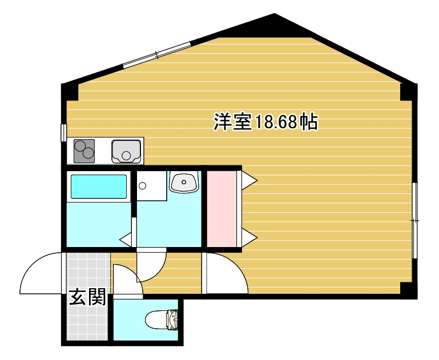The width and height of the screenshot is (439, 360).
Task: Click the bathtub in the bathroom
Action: tap(98, 187)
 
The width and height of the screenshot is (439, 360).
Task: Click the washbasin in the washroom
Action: tap(184, 182)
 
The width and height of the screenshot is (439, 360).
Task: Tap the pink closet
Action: tap(221, 208)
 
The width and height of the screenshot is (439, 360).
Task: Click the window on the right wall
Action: tap(415, 220)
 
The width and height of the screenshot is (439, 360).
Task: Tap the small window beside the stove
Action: tap(63, 132)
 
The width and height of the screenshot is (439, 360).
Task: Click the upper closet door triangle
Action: tap(249, 180)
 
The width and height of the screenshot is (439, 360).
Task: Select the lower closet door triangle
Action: tap(249, 236)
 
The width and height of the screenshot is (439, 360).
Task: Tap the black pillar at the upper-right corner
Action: tap(408, 91)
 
